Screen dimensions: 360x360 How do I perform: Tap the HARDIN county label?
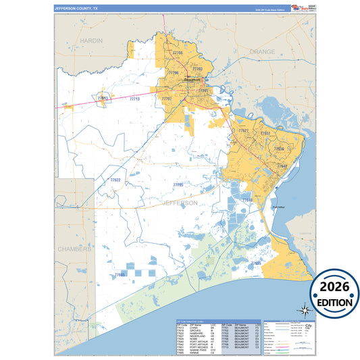click(x=91, y=41)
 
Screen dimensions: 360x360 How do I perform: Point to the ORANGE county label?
click(x=262, y=51)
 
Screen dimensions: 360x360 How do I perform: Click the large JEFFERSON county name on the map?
click(x=179, y=202)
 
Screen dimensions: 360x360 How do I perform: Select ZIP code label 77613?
click(x=103, y=99)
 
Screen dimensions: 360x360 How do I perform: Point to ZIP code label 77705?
click(x=178, y=184)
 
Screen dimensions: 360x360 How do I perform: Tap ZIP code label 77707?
click(x=167, y=99)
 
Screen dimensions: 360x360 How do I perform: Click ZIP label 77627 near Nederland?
click(x=243, y=130)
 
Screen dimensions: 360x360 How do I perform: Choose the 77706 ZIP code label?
click(x=172, y=73)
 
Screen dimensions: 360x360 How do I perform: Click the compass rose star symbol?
click(x=305, y=311)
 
